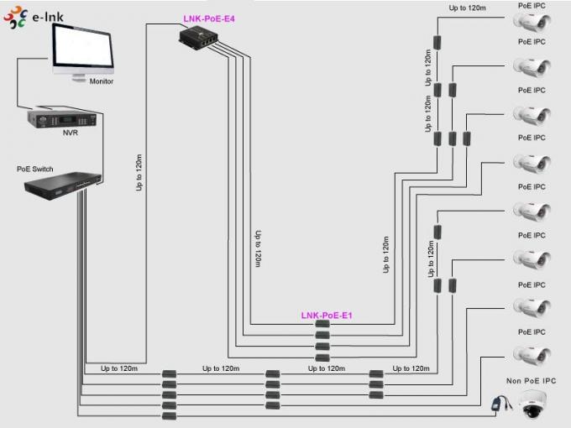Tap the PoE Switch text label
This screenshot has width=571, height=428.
pos(34,169)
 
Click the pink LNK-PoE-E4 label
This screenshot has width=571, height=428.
pos(208,17)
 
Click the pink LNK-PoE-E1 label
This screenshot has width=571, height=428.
pos(326,316)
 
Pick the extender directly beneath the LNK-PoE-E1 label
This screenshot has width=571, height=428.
pos(322,325)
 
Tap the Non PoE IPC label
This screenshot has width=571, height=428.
pos(530,380)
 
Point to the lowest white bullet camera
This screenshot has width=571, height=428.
pos(531,355)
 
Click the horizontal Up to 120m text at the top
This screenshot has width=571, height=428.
pos(468,8)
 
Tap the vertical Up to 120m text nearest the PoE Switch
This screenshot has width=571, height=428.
pos(139,172)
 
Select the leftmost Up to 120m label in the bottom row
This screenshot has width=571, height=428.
pos(118,368)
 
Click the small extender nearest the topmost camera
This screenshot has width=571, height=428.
pos(437,42)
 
